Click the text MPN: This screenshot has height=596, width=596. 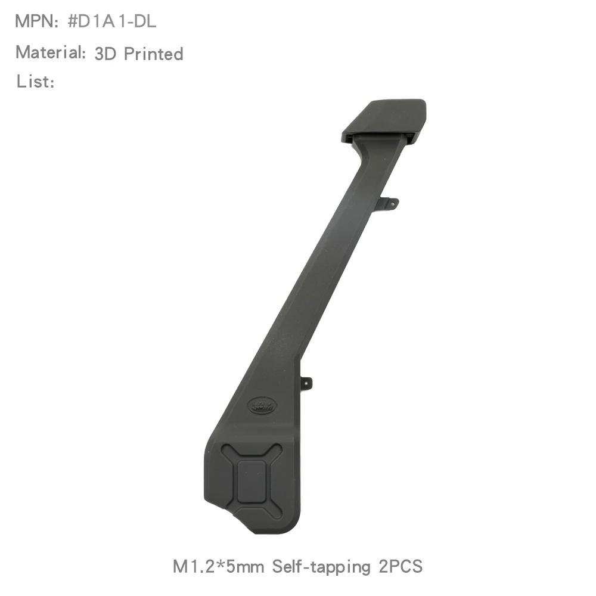(x=36, y=21)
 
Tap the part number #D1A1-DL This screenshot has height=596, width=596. (x=112, y=21)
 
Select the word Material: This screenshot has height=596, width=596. (x=51, y=52)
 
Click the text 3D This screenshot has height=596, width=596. (x=105, y=54)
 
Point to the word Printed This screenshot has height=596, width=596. (x=154, y=54)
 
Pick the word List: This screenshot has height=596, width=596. (x=35, y=81)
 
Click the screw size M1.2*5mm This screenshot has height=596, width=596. (x=218, y=566)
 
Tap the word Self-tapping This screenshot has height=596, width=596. (x=321, y=567)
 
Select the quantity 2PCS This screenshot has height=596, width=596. (x=401, y=566)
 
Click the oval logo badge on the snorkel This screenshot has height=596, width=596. (x=262, y=406)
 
